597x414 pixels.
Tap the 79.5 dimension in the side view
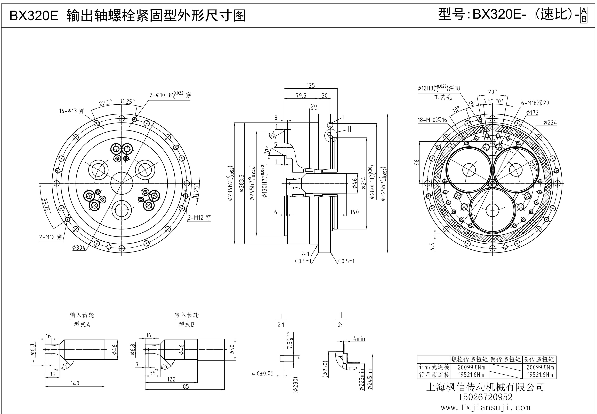point(301,96)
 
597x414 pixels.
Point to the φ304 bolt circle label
point(79,248)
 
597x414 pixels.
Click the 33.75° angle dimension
point(46,205)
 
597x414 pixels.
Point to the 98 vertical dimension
point(417,162)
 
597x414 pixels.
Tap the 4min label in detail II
point(359,339)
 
